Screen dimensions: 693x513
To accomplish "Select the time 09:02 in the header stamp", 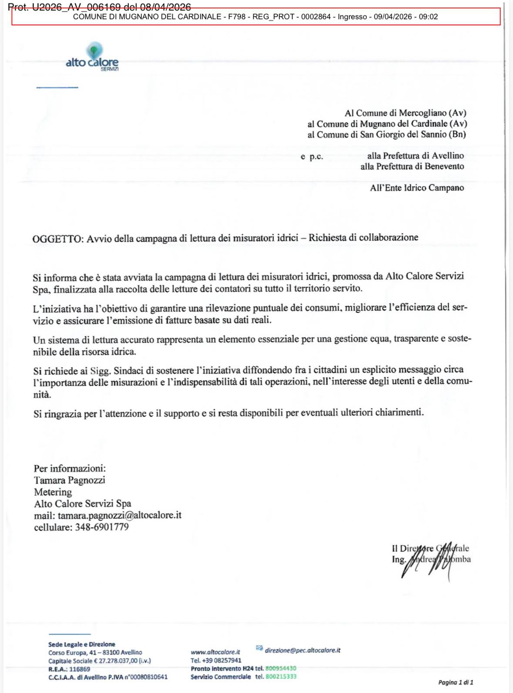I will (428, 17).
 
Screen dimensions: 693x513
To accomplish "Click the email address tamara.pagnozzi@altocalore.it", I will (119, 516).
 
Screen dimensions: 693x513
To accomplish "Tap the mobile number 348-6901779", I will (102, 527).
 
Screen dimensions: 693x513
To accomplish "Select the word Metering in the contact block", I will (53, 492).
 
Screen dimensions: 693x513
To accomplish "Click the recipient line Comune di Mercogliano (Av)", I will (405, 113).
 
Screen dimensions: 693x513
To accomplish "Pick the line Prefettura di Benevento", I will (412, 166).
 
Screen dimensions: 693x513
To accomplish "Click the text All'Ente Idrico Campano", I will (417, 188).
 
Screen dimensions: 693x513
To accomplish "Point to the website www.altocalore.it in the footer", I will (215, 652).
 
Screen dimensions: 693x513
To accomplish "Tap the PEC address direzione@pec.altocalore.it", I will (302, 650).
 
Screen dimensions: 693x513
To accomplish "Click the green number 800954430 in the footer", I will (281, 669).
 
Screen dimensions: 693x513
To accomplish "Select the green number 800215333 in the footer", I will (281, 677).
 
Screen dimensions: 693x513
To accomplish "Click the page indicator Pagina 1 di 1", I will (455, 682).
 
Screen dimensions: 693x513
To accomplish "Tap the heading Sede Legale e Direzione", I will (82, 644).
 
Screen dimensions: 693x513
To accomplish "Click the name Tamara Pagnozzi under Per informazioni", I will (70, 480).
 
